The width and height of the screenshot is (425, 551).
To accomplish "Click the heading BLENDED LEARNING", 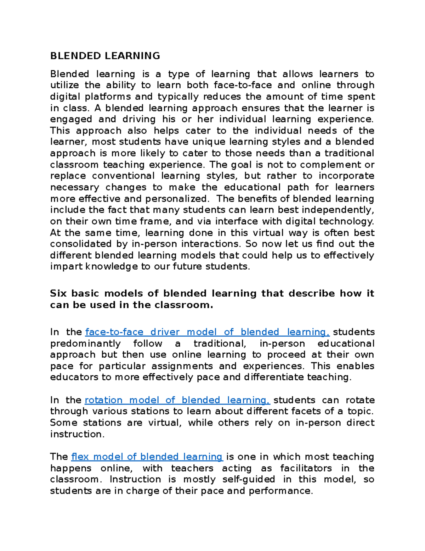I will click(105, 56).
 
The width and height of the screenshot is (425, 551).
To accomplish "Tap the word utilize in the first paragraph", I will click(64, 85).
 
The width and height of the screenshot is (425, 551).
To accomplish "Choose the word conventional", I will click(123, 176).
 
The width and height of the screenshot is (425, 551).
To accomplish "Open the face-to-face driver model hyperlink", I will click(208, 332).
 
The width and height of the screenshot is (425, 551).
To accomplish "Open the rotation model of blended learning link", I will click(177, 400).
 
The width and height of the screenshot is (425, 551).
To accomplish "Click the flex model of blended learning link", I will click(147, 457).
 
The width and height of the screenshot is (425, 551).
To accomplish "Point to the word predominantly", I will click(85, 343).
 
